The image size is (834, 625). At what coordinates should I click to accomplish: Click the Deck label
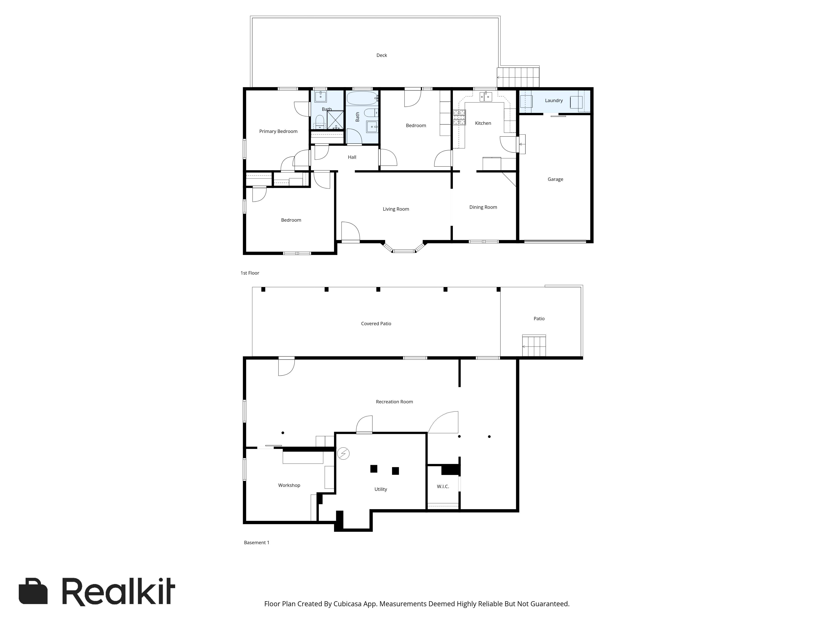click(x=382, y=55)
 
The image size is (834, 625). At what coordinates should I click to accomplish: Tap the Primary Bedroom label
click(x=278, y=131)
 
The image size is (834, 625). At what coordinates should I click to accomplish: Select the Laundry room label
click(x=554, y=101)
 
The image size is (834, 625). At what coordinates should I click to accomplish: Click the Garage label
click(x=555, y=179)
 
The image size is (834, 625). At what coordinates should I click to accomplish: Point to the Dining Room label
click(x=483, y=207)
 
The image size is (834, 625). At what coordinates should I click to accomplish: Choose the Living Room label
click(x=396, y=209)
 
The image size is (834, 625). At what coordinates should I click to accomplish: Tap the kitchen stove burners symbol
click(x=459, y=117)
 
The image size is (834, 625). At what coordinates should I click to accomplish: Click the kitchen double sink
click(x=486, y=97)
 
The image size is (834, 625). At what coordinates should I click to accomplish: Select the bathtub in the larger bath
click(x=362, y=99)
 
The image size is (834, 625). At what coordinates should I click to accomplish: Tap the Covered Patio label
click(x=376, y=324)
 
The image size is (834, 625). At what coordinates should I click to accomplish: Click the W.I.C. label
click(x=443, y=487)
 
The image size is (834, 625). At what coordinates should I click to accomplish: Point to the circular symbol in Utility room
click(x=343, y=454)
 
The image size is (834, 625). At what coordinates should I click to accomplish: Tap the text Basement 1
click(x=256, y=542)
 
